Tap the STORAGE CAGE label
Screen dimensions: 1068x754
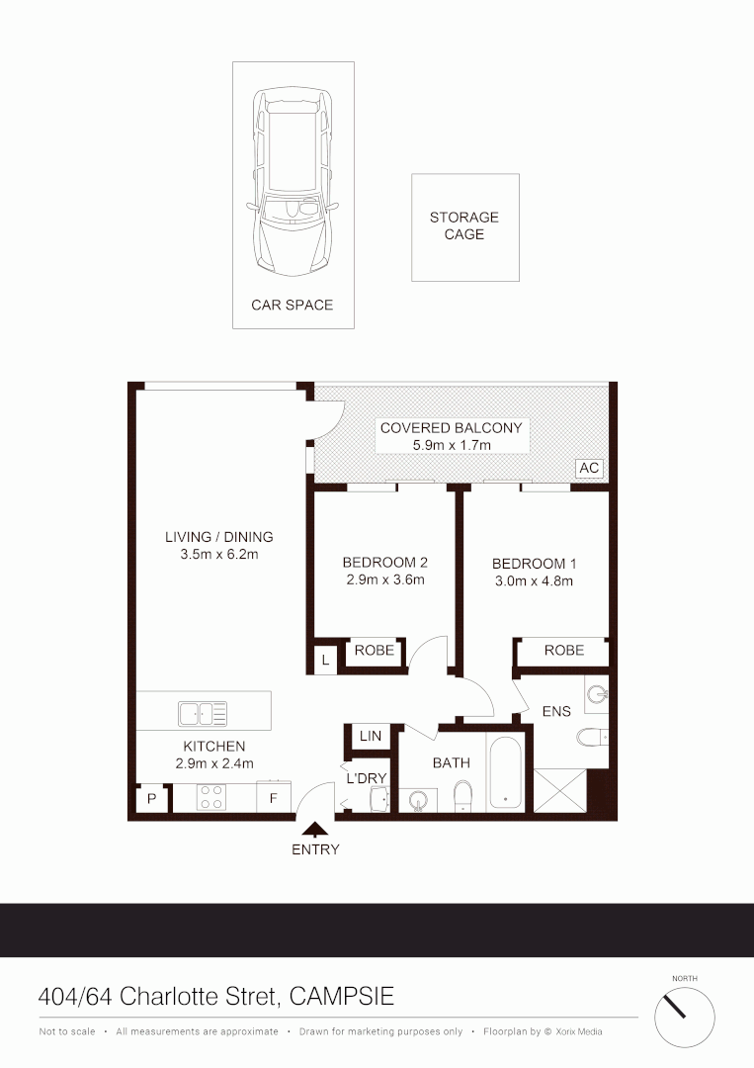pyautogui.click(x=463, y=226)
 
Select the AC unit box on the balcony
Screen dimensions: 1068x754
pyautogui.click(x=588, y=469)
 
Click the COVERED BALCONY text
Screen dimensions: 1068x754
pyautogui.click(x=451, y=428)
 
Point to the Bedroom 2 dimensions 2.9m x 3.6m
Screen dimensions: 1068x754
pyautogui.click(x=384, y=580)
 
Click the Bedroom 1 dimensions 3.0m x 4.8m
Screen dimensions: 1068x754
pyautogui.click(x=534, y=581)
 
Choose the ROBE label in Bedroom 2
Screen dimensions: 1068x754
pyautogui.click(x=375, y=651)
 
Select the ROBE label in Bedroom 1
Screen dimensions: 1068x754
pyautogui.click(x=563, y=651)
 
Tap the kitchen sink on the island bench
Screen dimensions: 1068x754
pyautogui.click(x=203, y=713)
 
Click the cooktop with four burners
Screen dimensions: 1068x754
pyautogui.click(x=210, y=797)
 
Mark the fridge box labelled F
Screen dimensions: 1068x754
pyautogui.click(x=274, y=797)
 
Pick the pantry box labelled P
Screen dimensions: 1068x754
pyautogui.click(x=151, y=798)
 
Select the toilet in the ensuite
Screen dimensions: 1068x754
pyautogui.click(x=594, y=737)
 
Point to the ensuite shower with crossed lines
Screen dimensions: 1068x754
pyautogui.click(x=559, y=791)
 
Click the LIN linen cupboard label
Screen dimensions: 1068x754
pyautogui.click(x=371, y=737)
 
